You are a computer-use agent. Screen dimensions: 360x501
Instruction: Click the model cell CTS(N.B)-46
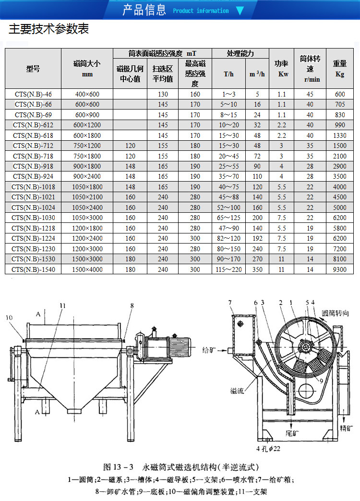pyautogui.click(x=33, y=94)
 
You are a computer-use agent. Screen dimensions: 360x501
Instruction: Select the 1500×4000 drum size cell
pyautogui.click(x=87, y=269)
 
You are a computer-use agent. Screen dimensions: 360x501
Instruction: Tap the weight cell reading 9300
pyautogui.click(x=339, y=269)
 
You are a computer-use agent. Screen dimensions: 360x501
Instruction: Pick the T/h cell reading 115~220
pyautogui.click(x=228, y=269)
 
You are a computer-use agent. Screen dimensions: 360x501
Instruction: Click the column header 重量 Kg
pyautogui.click(x=339, y=69)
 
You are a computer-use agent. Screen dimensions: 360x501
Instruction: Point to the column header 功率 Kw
pyautogui.click(x=281, y=69)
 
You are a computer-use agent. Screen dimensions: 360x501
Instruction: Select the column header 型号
pyautogui.click(x=33, y=69)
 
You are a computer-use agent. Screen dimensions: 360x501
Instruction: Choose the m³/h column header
pyautogui.click(x=257, y=74)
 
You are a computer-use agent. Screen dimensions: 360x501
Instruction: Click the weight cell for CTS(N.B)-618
pyautogui.click(x=339, y=135)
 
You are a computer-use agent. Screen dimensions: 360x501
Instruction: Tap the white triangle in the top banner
pyautogui.click(x=240, y=11)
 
